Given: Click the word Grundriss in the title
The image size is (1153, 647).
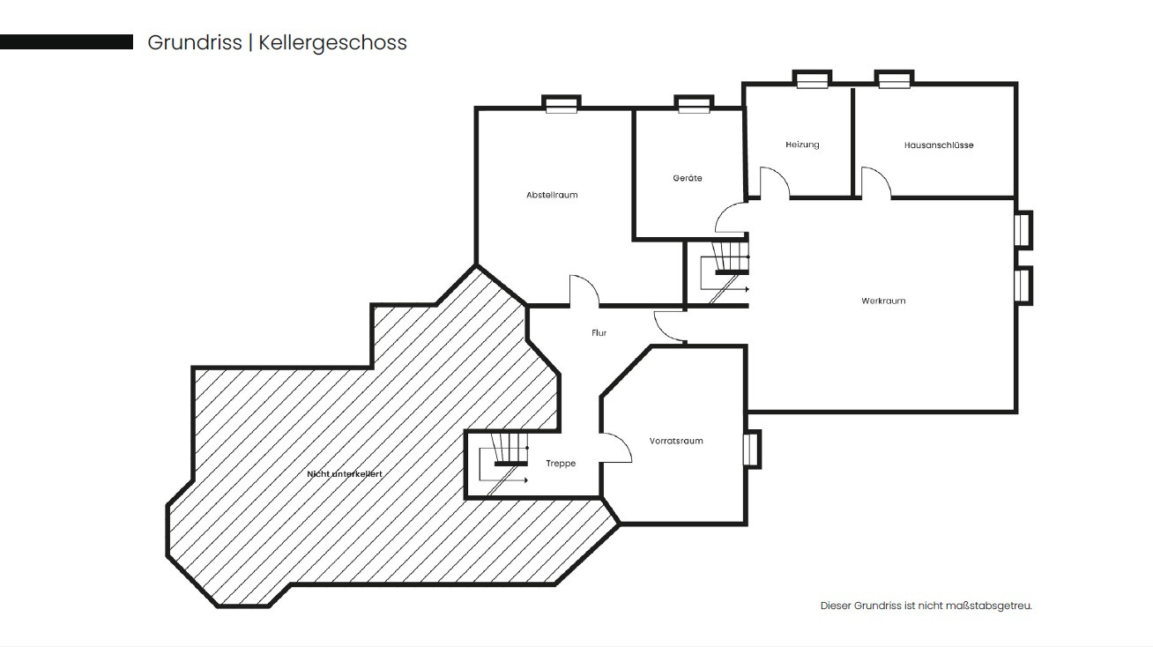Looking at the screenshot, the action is tap(195, 42).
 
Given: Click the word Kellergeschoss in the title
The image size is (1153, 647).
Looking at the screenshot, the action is tap(332, 43).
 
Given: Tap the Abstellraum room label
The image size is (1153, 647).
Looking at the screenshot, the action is tap(552, 195).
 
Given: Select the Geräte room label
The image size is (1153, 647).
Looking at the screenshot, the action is tap(688, 178).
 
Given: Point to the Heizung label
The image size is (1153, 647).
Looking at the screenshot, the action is tap(802, 145).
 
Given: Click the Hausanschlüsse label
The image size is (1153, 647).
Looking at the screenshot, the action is tap(939, 145).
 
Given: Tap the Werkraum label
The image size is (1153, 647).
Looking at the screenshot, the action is tap(883, 301).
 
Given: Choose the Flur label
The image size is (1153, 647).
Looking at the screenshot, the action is tap(599, 333).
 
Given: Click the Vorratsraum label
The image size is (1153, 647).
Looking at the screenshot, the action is tap(676, 441).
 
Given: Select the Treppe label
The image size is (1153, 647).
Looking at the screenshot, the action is tap(561, 464).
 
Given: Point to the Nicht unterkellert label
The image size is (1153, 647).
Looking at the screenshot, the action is tap(345, 474).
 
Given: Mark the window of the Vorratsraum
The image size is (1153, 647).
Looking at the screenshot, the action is tap(752, 450).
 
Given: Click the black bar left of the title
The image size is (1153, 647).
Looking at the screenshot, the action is tap(66, 42).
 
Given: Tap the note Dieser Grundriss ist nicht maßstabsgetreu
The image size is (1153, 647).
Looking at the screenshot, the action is tap(926, 606).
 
